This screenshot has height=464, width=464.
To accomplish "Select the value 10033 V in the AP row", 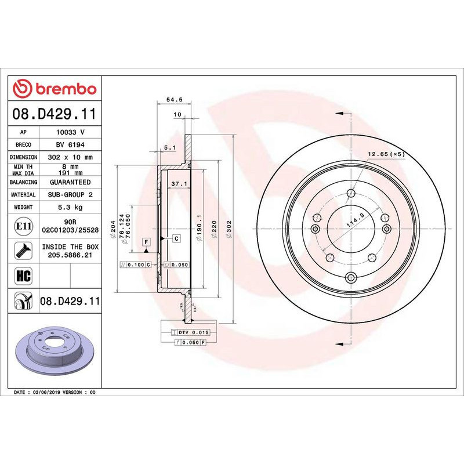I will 70,132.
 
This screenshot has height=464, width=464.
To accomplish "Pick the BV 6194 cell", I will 70,144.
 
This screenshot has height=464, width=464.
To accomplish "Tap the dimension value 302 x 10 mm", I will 70,157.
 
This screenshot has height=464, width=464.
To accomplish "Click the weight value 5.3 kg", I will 70,207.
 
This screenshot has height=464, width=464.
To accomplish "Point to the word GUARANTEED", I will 70,182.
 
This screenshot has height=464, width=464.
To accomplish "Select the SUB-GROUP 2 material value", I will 70,195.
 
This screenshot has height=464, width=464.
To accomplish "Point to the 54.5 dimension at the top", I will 171,100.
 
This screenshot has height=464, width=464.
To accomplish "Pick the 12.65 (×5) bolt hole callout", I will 385,154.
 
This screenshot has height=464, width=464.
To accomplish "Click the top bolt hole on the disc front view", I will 350,194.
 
